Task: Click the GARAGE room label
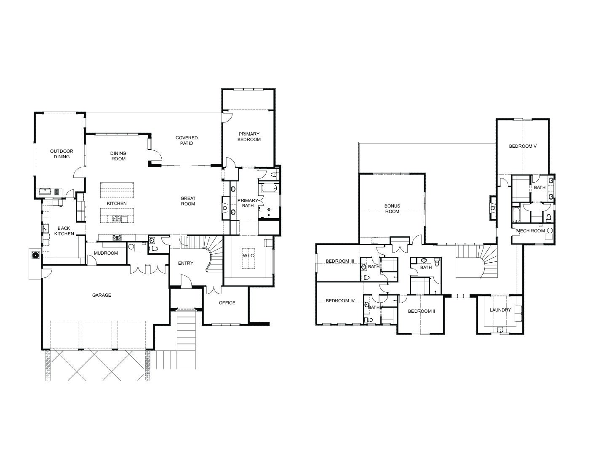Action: (x=102, y=295)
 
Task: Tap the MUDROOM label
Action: (x=106, y=253)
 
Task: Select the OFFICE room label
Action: (x=227, y=303)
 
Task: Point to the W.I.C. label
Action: (x=248, y=256)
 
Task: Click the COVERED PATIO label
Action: (x=187, y=141)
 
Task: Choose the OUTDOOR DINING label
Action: (x=61, y=154)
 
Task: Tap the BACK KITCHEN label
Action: (x=64, y=231)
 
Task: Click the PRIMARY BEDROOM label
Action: (x=249, y=137)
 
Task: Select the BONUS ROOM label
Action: (x=392, y=209)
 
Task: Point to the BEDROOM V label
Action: (x=523, y=146)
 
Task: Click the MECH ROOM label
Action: (x=531, y=231)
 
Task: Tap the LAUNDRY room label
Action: (x=500, y=310)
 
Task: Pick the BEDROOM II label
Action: (x=422, y=311)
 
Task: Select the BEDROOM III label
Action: (x=340, y=261)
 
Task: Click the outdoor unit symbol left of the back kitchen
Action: (x=36, y=256)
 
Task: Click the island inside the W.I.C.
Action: (x=248, y=258)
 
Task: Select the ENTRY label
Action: (x=186, y=263)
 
